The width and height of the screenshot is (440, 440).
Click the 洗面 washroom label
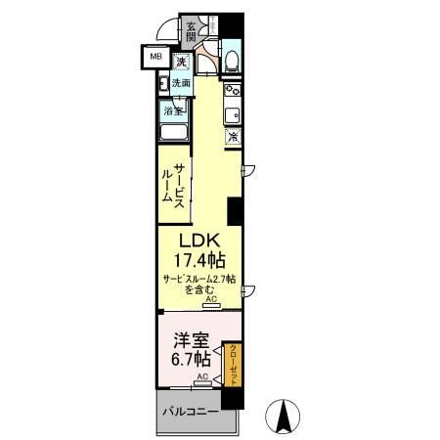click(x=182, y=84)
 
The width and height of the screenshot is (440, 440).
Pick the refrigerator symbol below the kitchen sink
click(x=234, y=137)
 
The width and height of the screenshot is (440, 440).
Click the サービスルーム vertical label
click(x=175, y=182)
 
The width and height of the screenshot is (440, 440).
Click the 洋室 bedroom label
click(x=188, y=340)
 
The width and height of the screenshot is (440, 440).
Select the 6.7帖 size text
click(x=188, y=361)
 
